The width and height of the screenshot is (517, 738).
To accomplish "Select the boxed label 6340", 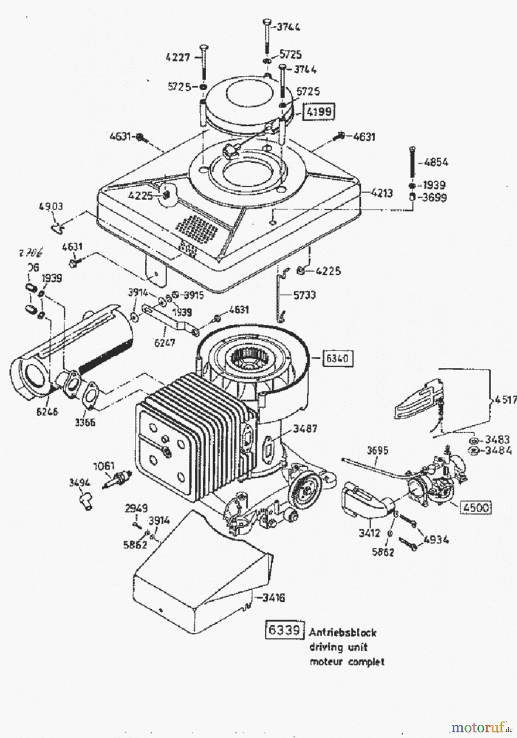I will point(337,358).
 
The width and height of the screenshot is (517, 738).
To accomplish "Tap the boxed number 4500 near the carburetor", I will point(476,508).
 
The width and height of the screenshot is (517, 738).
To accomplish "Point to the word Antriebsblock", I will point(343,632).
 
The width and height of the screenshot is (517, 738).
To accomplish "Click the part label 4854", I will point(436,162).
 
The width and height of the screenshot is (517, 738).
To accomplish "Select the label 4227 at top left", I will point(178,57).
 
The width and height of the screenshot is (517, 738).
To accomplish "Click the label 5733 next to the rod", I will point(304,295).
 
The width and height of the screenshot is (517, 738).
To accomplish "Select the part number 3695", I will point(378,451).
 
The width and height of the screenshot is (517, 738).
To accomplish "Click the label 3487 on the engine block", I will point(305,429).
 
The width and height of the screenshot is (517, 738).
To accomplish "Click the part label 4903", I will point(51,207).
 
